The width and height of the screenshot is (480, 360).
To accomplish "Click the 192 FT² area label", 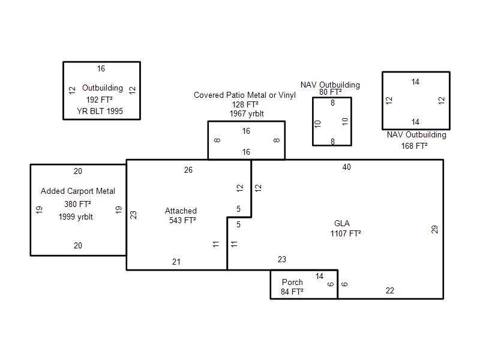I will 100,100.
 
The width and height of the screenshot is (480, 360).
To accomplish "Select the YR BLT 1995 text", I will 100,111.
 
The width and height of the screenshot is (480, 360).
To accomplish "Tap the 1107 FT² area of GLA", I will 346,233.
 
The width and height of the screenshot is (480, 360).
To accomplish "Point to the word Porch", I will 292,283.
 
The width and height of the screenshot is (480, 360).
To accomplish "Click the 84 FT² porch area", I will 292,292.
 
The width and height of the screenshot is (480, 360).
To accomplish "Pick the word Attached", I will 181,211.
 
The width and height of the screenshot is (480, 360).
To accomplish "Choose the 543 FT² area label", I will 182,220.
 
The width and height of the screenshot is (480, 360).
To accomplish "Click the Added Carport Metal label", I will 78,191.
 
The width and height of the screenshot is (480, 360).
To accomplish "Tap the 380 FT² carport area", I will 77,204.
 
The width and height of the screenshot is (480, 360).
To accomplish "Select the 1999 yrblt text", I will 76,217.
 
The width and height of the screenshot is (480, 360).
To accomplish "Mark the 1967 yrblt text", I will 247,113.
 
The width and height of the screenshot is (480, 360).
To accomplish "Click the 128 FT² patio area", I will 245,104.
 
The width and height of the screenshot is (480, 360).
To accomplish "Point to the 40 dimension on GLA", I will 347,167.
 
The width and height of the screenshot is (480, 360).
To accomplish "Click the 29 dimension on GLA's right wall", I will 435,229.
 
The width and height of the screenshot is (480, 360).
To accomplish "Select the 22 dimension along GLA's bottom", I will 390,290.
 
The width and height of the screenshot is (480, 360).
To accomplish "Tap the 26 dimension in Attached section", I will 188,170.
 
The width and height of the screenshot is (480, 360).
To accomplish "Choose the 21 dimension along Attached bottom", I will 176,262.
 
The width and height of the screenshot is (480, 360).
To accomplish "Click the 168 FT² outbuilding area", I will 415,146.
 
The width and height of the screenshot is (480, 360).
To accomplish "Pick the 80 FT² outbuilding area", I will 330,92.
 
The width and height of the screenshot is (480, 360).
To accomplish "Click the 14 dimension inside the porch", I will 319,276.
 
